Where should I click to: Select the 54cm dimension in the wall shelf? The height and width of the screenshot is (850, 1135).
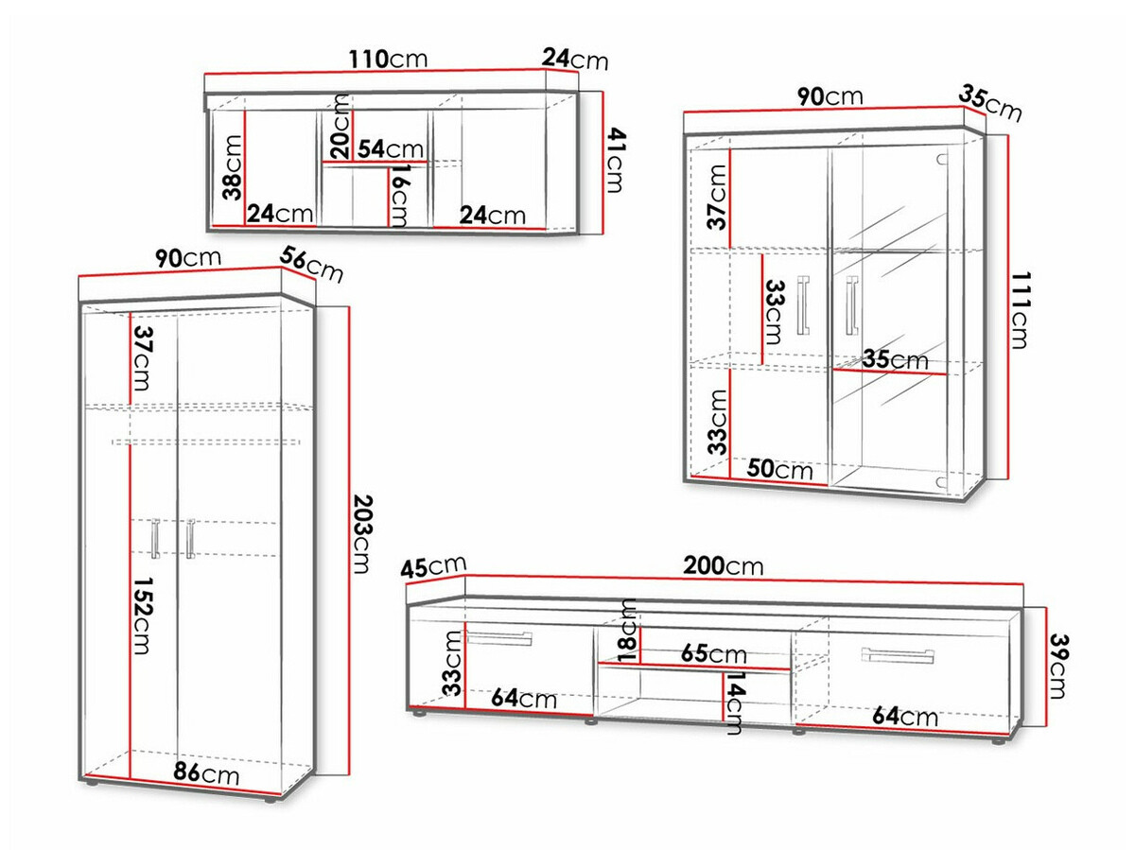(x=391, y=148)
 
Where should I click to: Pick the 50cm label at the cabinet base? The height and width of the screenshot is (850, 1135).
(x=779, y=469)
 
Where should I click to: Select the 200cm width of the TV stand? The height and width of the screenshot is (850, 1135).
(x=723, y=565)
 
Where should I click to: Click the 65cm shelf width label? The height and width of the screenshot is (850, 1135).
(x=713, y=654)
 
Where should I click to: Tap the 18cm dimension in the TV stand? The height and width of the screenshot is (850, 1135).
(x=627, y=631)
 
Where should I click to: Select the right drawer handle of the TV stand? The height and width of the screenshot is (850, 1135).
(x=898, y=654)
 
